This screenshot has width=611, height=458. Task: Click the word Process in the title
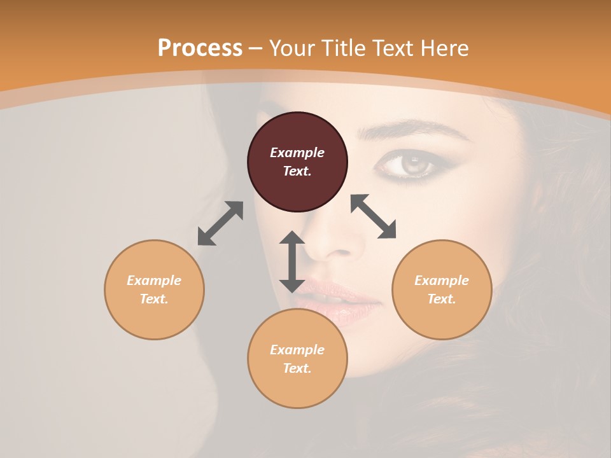(x=200, y=48)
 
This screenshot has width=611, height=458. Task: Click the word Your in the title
(x=293, y=48)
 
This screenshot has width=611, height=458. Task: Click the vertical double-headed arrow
(x=292, y=261)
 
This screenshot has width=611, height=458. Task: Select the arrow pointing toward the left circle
(x=220, y=223)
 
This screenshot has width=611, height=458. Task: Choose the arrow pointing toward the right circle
(x=374, y=216)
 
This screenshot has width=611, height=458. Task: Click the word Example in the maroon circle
(x=297, y=153)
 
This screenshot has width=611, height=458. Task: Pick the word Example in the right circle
(x=442, y=281)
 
